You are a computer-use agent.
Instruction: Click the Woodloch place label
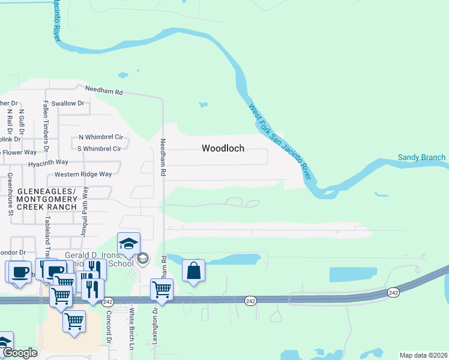[223, 148]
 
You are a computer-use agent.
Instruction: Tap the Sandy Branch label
[421, 158]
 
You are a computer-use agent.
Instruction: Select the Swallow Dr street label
[68, 103]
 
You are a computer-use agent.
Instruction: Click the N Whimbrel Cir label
[100, 137]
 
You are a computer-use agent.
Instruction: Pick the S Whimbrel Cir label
[100, 148]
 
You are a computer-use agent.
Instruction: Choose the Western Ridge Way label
[83, 175]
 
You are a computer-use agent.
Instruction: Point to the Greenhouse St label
[10, 194]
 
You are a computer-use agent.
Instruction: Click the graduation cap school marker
[128, 244]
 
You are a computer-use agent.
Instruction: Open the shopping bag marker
[193, 271]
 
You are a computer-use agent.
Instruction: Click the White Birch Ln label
[131, 328]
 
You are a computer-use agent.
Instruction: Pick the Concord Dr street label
[109, 327]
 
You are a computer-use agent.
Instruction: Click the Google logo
[20, 353]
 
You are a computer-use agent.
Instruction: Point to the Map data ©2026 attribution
[423, 355]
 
